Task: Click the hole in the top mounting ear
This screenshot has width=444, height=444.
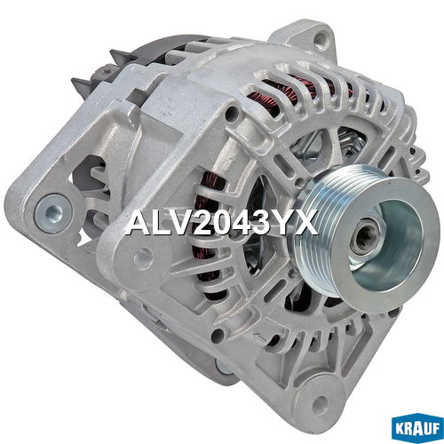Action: click(320, 38)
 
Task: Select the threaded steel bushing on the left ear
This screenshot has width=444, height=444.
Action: click(53, 211)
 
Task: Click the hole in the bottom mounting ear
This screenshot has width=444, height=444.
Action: click(321, 401)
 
